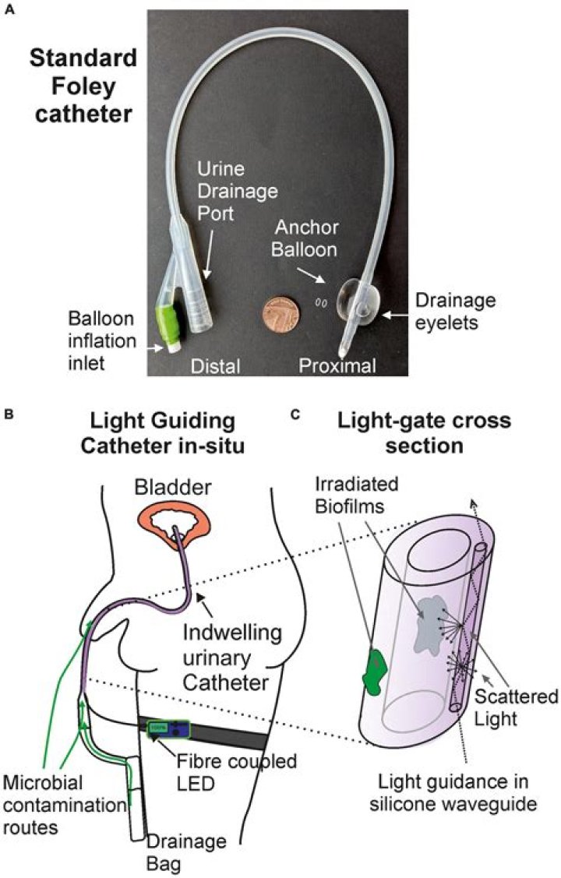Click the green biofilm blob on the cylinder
pos(376,672)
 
